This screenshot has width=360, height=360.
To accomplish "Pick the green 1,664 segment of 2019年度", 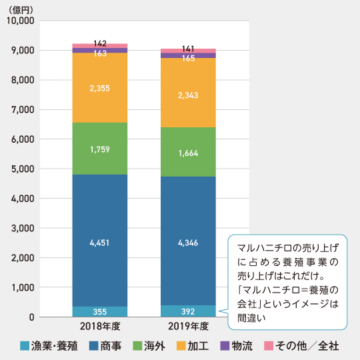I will coord(188,153).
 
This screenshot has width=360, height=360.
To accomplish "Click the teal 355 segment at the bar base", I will coord(100,311).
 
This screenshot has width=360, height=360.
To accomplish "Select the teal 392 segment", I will coord(188,311).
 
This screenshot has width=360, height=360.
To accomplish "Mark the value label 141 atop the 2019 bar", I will coord(188,49).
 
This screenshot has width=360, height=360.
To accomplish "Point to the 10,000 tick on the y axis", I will coord(20,21).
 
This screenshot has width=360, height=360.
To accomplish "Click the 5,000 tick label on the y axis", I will coord(23,169).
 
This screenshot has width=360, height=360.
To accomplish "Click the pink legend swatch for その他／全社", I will coord(269,346).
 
